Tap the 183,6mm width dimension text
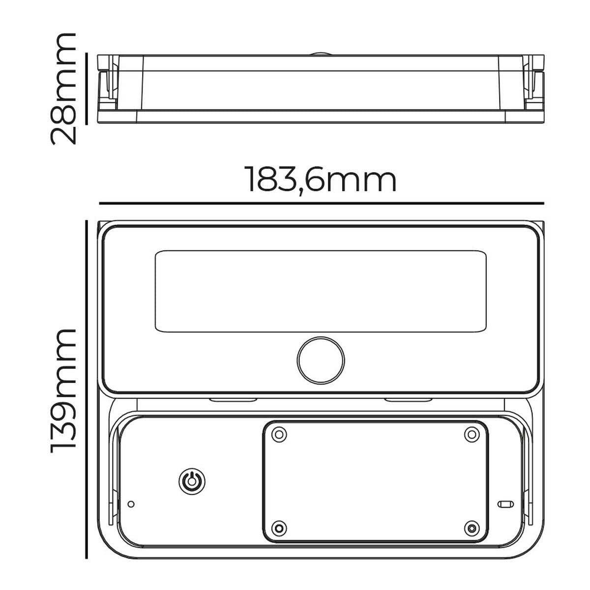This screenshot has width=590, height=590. coord(320,180)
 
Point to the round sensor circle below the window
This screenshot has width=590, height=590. coord(321,360)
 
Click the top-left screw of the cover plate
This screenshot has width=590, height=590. coord(279,434)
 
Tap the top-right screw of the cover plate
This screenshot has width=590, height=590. coord(472,434)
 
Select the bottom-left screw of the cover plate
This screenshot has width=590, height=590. coord(279,528)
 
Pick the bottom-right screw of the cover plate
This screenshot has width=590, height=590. coord(472,528)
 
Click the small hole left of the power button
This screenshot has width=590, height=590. coord(131,504)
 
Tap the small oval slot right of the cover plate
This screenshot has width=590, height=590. coord(505,504)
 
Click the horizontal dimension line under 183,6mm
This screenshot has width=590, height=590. coord(322,203)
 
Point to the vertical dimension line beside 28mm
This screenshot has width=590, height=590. coord(87,88)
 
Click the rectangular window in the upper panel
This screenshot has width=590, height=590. coord(321,292)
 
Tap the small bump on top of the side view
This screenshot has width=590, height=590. coord(321,53)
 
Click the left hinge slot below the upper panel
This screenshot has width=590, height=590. coord(224,400)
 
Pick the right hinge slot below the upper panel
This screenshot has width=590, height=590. coord(401,400)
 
